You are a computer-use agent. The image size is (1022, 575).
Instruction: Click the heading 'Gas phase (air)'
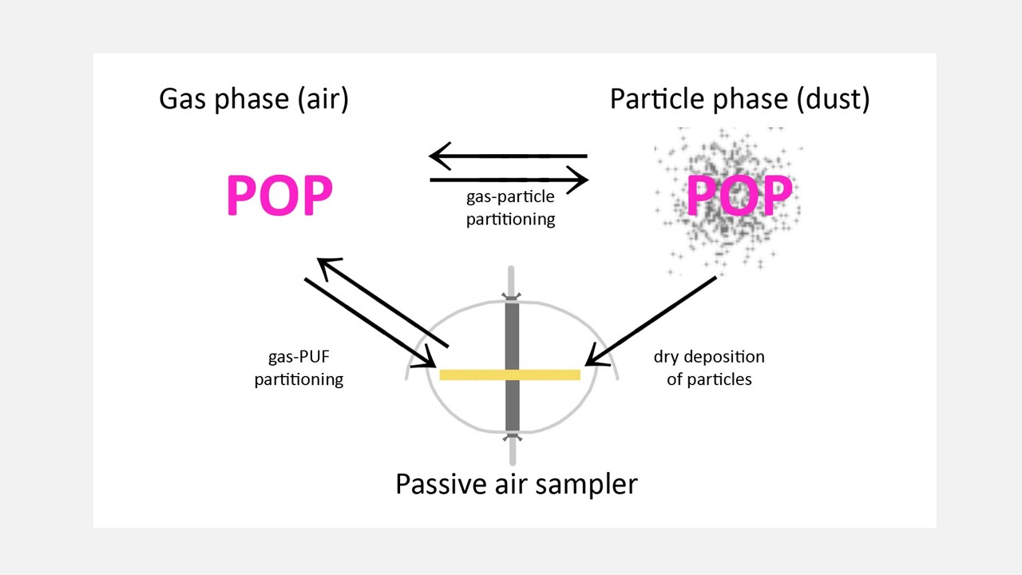pos(254,99)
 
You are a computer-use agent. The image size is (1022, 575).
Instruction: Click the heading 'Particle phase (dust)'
pos(739,99)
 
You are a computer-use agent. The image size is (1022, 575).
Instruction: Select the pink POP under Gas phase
pos(279,195)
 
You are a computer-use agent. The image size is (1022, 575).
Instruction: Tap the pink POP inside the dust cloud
pos(739,195)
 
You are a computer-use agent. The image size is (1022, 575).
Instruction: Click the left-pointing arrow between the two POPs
pos(509,156)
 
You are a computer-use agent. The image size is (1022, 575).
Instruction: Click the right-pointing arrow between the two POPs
pos(509,180)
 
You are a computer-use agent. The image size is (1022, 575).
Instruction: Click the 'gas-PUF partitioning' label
pos(299,368)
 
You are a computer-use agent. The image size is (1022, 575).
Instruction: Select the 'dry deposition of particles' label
pos(709,368)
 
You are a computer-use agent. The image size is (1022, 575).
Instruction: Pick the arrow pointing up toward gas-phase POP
pos(383,303)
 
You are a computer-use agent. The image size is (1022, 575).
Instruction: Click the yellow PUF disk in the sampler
pos(479,375)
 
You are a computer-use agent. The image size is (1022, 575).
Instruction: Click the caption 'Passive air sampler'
pos(517,484)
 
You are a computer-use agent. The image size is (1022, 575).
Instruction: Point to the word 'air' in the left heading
pos(321,99)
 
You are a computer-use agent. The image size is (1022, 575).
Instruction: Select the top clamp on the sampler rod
pos(512,297)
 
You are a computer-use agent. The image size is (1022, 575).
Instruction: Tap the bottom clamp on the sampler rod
pos(512,437)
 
